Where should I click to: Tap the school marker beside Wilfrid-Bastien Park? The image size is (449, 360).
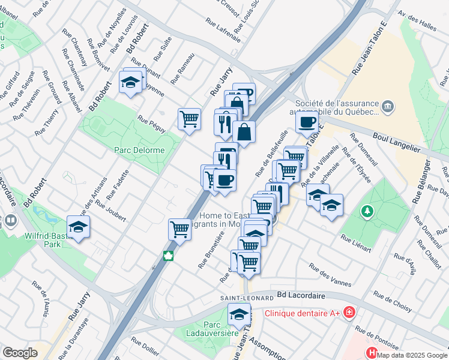coord(78,227)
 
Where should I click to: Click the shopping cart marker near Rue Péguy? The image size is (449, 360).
coord(190,118)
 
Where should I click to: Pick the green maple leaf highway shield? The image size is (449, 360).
coord(169,256)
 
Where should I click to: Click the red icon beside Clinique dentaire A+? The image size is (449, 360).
coord(349,313)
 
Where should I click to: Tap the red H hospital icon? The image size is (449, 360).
coord(372,355)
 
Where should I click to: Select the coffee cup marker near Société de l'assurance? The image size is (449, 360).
coord(307,122)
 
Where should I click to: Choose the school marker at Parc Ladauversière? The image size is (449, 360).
coord(239,314)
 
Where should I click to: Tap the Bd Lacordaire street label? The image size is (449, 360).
coord(301,296)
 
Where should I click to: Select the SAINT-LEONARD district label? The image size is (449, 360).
coord(242,298)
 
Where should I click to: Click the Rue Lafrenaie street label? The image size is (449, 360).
coord(223,31)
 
